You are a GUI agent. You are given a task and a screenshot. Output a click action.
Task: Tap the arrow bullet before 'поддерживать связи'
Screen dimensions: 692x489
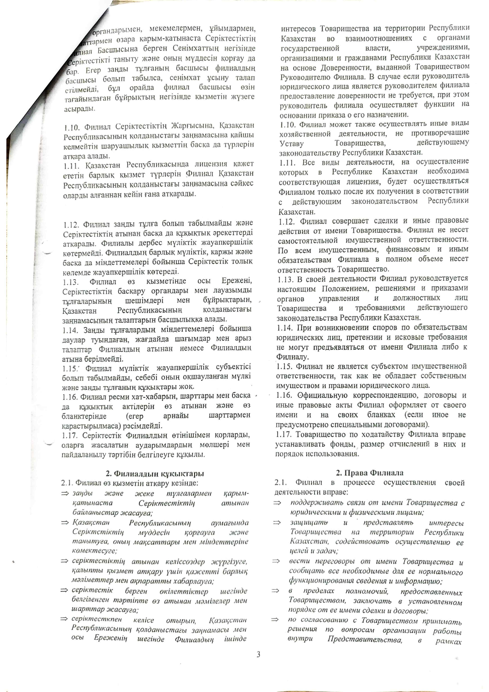point(277,503)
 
